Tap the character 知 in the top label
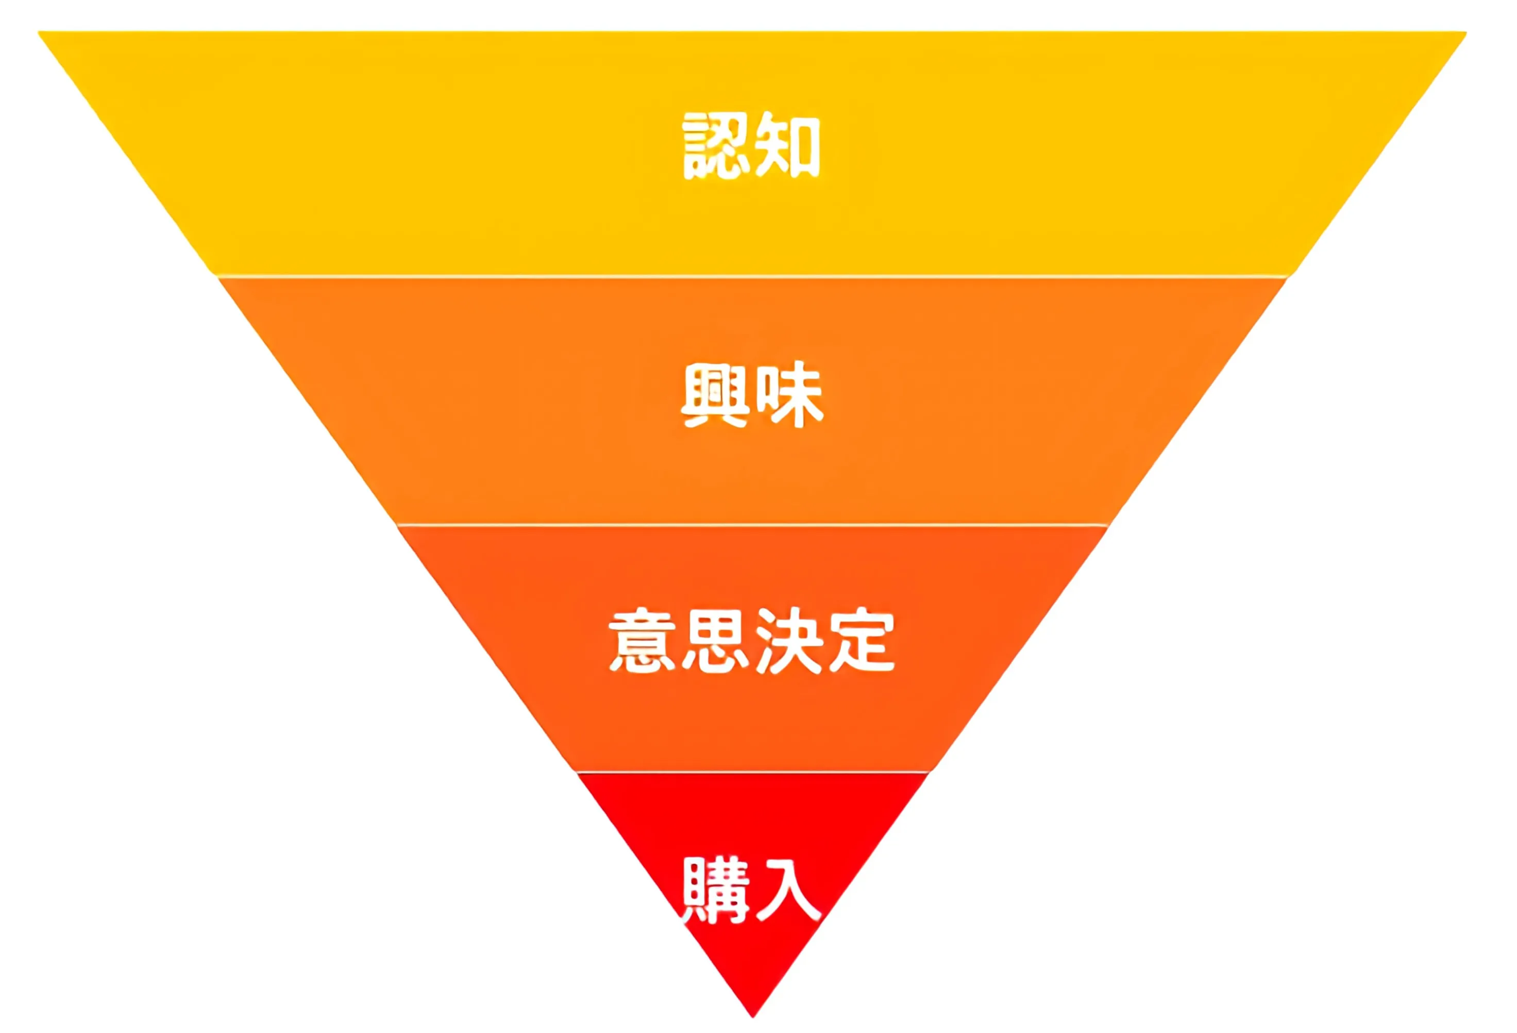[787, 146]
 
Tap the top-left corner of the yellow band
[41, 32]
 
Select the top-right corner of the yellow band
[1465, 32]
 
